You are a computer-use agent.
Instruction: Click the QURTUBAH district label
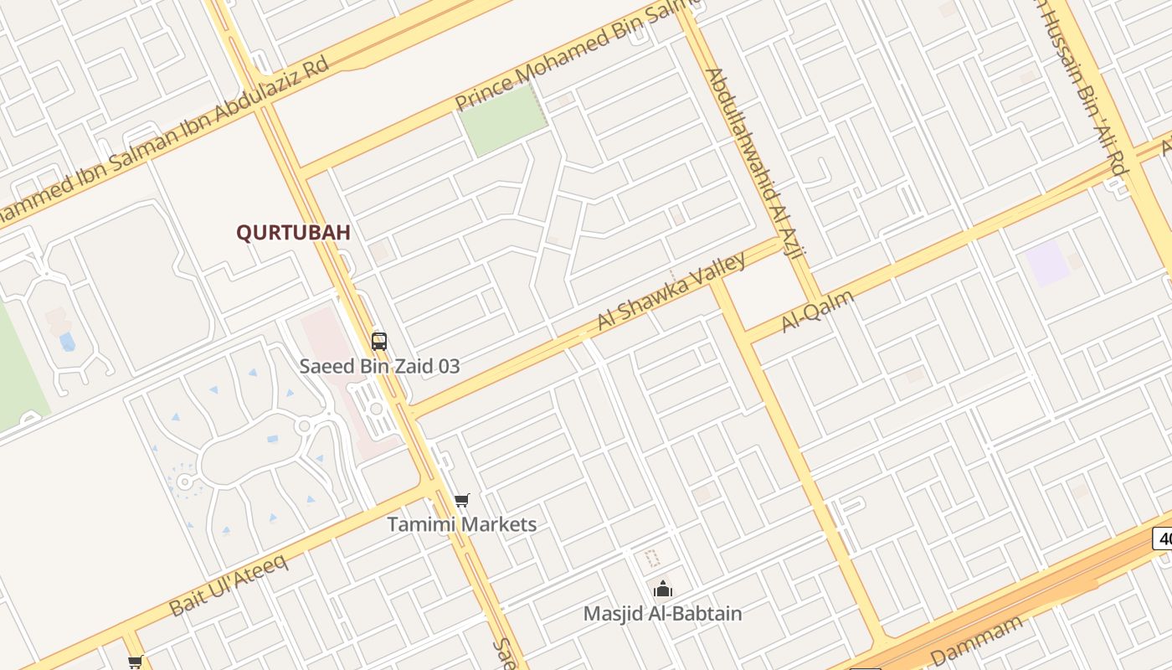[293, 233]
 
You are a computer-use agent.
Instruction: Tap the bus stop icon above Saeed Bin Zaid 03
[379, 341]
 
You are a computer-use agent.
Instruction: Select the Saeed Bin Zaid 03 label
[379, 366]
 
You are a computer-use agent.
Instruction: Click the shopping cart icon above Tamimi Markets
[461, 501]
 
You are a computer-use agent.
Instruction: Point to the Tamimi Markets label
[461, 525]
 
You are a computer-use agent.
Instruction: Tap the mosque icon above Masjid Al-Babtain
[662, 589]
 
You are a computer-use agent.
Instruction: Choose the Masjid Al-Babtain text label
[662, 613]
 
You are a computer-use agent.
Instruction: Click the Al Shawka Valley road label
[671, 291]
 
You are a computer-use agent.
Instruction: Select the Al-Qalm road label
[818, 311]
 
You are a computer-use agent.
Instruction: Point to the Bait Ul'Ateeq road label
[229, 584]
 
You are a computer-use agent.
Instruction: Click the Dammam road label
[977, 642]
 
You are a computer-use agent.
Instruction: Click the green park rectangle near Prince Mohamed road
[503, 121]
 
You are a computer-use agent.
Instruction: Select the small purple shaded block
[1047, 263]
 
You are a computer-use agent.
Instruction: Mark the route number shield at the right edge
[1163, 538]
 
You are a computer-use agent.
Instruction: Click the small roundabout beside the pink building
[377, 409]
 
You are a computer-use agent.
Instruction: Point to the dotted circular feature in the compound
[183, 482]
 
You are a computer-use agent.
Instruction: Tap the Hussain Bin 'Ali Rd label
[1083, 84]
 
